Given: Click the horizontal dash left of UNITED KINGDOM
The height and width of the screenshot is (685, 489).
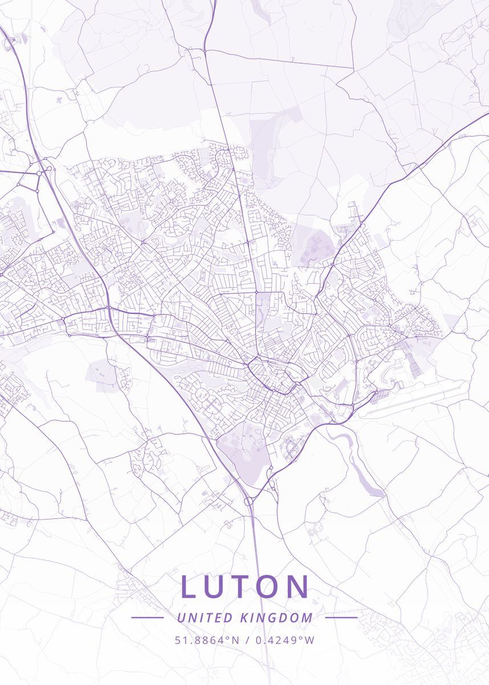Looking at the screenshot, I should [x=147, y=617].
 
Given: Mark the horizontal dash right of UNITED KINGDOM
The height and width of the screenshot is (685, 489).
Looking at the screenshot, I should [x=341, y=617].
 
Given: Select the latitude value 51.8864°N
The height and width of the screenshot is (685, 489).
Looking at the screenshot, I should [x=207, y=640].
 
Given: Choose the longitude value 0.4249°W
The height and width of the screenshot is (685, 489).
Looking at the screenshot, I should [x=284, y=640].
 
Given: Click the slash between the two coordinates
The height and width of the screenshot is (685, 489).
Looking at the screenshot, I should [x=246, y=640].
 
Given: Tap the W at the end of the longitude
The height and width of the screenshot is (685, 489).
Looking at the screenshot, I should [x=310, y=640].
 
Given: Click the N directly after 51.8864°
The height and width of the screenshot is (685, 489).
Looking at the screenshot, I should [x=235, y=640].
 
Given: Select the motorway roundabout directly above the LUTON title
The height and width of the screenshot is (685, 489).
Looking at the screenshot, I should [x=249, y=501].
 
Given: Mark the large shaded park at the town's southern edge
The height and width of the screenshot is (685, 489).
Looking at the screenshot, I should [x=243, y=451].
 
